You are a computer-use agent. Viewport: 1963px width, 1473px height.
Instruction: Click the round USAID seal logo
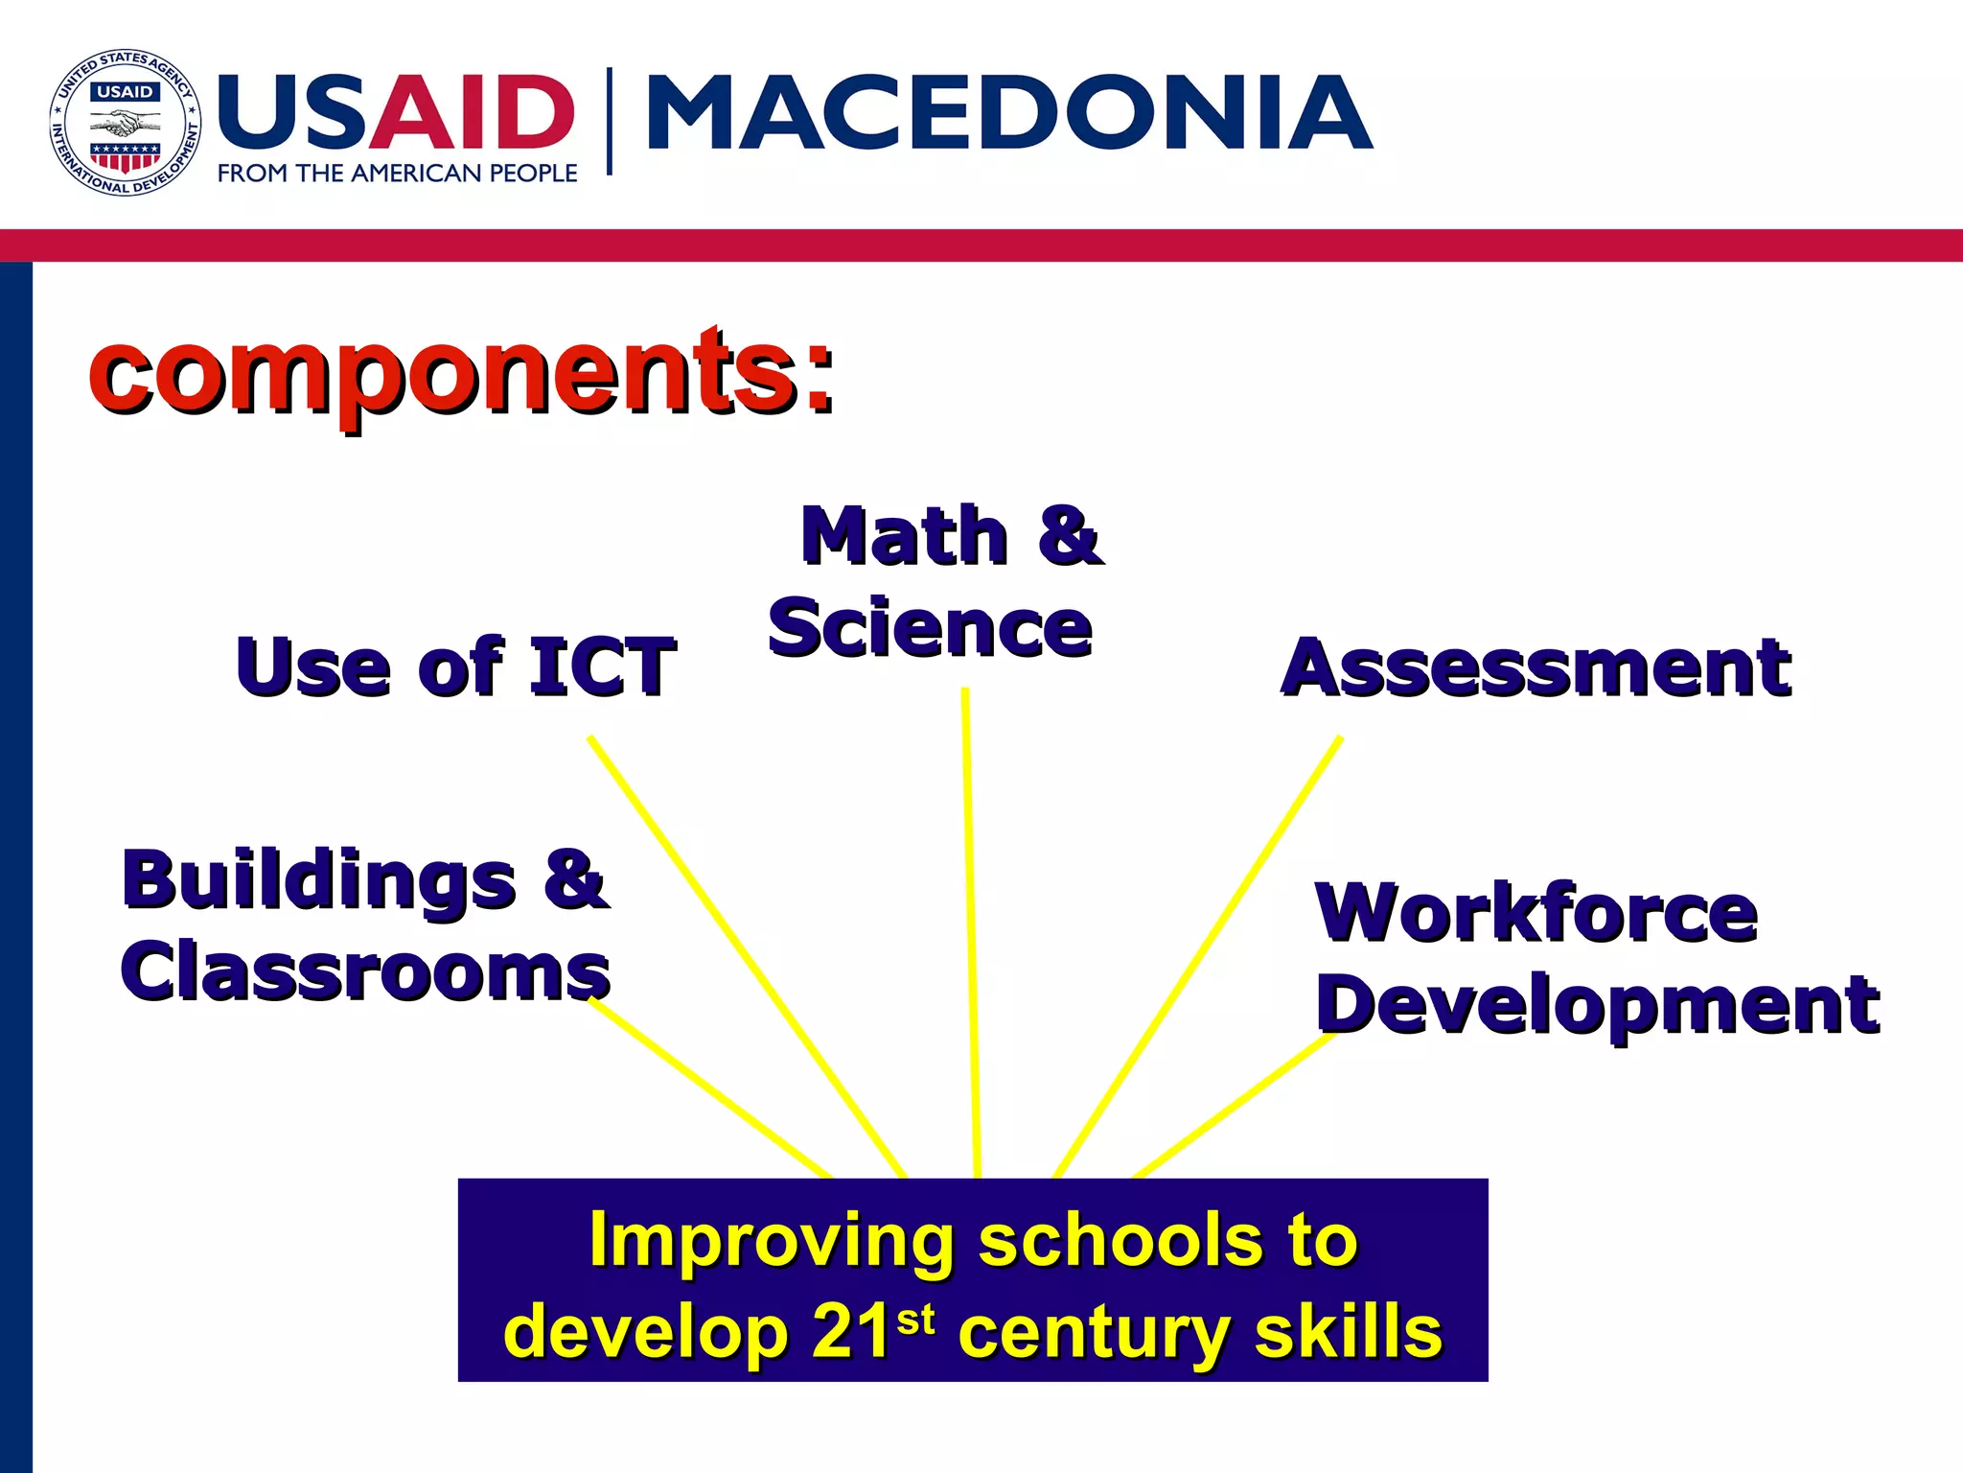click(x=125, y=123)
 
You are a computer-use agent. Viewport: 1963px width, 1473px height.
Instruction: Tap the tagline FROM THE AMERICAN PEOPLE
click(x=397, y=174)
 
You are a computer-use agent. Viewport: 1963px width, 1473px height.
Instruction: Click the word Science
click(x=930, y=629)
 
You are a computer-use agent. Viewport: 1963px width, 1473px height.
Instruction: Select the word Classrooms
click(x=365, y=972)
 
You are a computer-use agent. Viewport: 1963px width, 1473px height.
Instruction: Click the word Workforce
click(x=1536, y=913)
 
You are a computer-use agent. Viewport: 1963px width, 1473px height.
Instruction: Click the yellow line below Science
click(x=971, y=930)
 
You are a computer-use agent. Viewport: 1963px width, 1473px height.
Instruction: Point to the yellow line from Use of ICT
click(x=748, y=959)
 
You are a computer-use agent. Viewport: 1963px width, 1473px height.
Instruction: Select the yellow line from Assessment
click(x=1198, y=959)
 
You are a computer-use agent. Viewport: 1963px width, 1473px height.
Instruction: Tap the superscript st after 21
click(x=915, y=1321)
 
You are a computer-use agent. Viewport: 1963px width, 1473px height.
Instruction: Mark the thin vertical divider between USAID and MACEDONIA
click(x=609, y=121)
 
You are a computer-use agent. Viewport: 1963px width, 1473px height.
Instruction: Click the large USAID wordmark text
click(x=396, y=113)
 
